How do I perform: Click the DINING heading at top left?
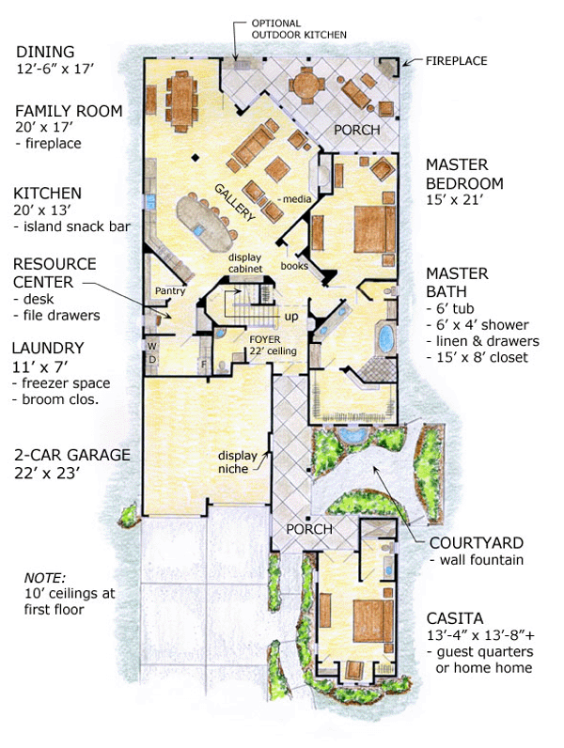[45, 52]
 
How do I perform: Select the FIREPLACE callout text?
[456, 61]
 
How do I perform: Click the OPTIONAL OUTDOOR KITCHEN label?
[299, 29]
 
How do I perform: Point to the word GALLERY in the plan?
[235, 202]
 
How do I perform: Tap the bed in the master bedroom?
[374, 229]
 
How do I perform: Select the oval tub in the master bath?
[386, 338]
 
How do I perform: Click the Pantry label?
[170, 290]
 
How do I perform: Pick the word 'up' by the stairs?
[291, 317]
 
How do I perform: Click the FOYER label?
[265, 339]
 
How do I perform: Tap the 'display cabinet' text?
[244, 263]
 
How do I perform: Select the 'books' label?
[294, 266]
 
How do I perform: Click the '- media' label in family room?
[295, 198]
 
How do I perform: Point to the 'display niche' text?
[237, 461]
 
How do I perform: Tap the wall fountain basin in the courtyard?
[352, 434]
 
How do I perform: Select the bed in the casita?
[373, 621]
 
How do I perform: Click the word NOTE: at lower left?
[45, 578]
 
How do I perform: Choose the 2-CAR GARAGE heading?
[72, 455]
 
